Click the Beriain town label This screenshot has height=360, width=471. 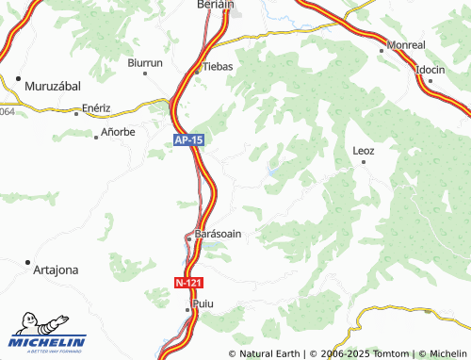(x=215, y=5)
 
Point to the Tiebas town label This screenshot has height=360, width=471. (x=219, y=66)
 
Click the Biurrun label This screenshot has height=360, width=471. (x=145, y=62)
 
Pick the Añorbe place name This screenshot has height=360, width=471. (x=118, y=133)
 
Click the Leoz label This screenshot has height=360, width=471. (x=363, y=151)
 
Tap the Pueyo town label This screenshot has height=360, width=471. (x=203, y=305)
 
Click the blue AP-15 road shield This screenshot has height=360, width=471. (x=188, y=139)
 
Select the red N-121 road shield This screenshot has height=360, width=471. (x=188, y=283)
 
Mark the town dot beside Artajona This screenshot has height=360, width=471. (x=28, y=262)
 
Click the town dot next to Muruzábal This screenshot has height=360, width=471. (x=18, y=77)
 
